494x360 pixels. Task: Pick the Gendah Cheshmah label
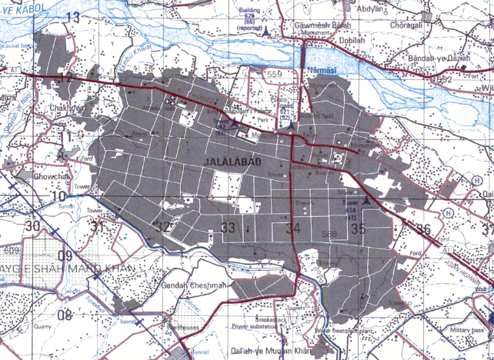point(194,285)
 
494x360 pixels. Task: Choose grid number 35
point(357,228)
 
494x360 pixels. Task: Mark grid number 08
point(65,314)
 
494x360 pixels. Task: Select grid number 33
point(228,227)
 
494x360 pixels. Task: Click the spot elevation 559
point(276,75)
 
